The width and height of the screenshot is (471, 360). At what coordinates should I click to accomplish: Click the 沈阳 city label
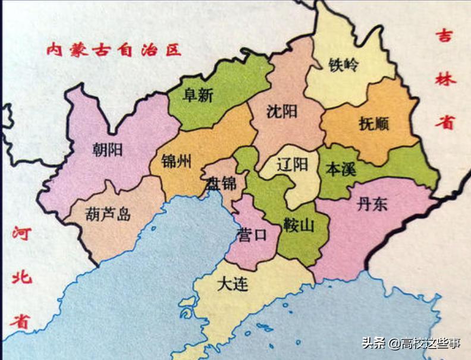click(282, 111)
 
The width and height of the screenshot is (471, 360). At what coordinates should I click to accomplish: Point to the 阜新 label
click(198, 95)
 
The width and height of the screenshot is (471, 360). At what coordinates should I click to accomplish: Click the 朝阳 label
click(108, 149)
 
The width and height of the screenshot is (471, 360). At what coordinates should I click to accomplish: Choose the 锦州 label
click(176, 161)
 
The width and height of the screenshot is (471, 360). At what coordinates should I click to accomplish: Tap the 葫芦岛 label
click(108, 214)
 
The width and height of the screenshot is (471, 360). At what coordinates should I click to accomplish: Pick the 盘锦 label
click(221, 184)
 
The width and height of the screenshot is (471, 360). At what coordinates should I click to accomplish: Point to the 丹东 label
click(372, 205)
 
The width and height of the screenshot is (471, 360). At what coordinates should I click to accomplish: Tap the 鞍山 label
click(298, 225)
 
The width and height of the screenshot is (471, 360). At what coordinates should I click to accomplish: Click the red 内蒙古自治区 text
click(114, 49)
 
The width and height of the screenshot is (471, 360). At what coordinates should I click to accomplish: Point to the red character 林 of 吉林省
click(444, 79)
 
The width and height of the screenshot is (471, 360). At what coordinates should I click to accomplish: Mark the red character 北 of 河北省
click(21, 277)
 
